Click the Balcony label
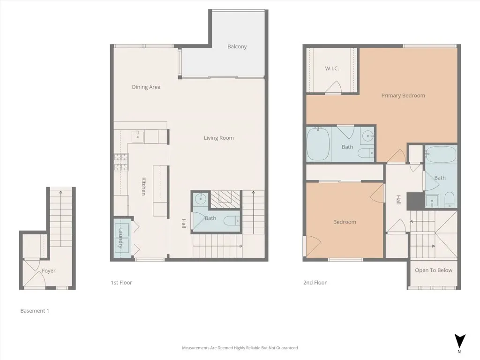pos(237,46)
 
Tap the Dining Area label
pos(146,87)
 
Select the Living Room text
pos(219,138)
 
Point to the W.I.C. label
pos(332,68)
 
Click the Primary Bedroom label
pos(403,96)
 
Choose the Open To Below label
pos(434,270)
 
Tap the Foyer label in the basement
pos(49,270)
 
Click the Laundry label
pos(120,238)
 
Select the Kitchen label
pos(143,186)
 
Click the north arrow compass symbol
pos(460,341)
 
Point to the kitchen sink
pos(138,136)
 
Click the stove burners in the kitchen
pos(121,162)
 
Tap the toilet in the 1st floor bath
pos(232,220)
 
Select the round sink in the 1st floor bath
pos(201,199)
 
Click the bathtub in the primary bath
pos(318,144)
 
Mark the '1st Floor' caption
pos(121,283)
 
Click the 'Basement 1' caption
pos(35,311)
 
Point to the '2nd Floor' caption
pos(315,283)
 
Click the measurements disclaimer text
pos(240,348)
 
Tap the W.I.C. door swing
pos(334,87)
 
